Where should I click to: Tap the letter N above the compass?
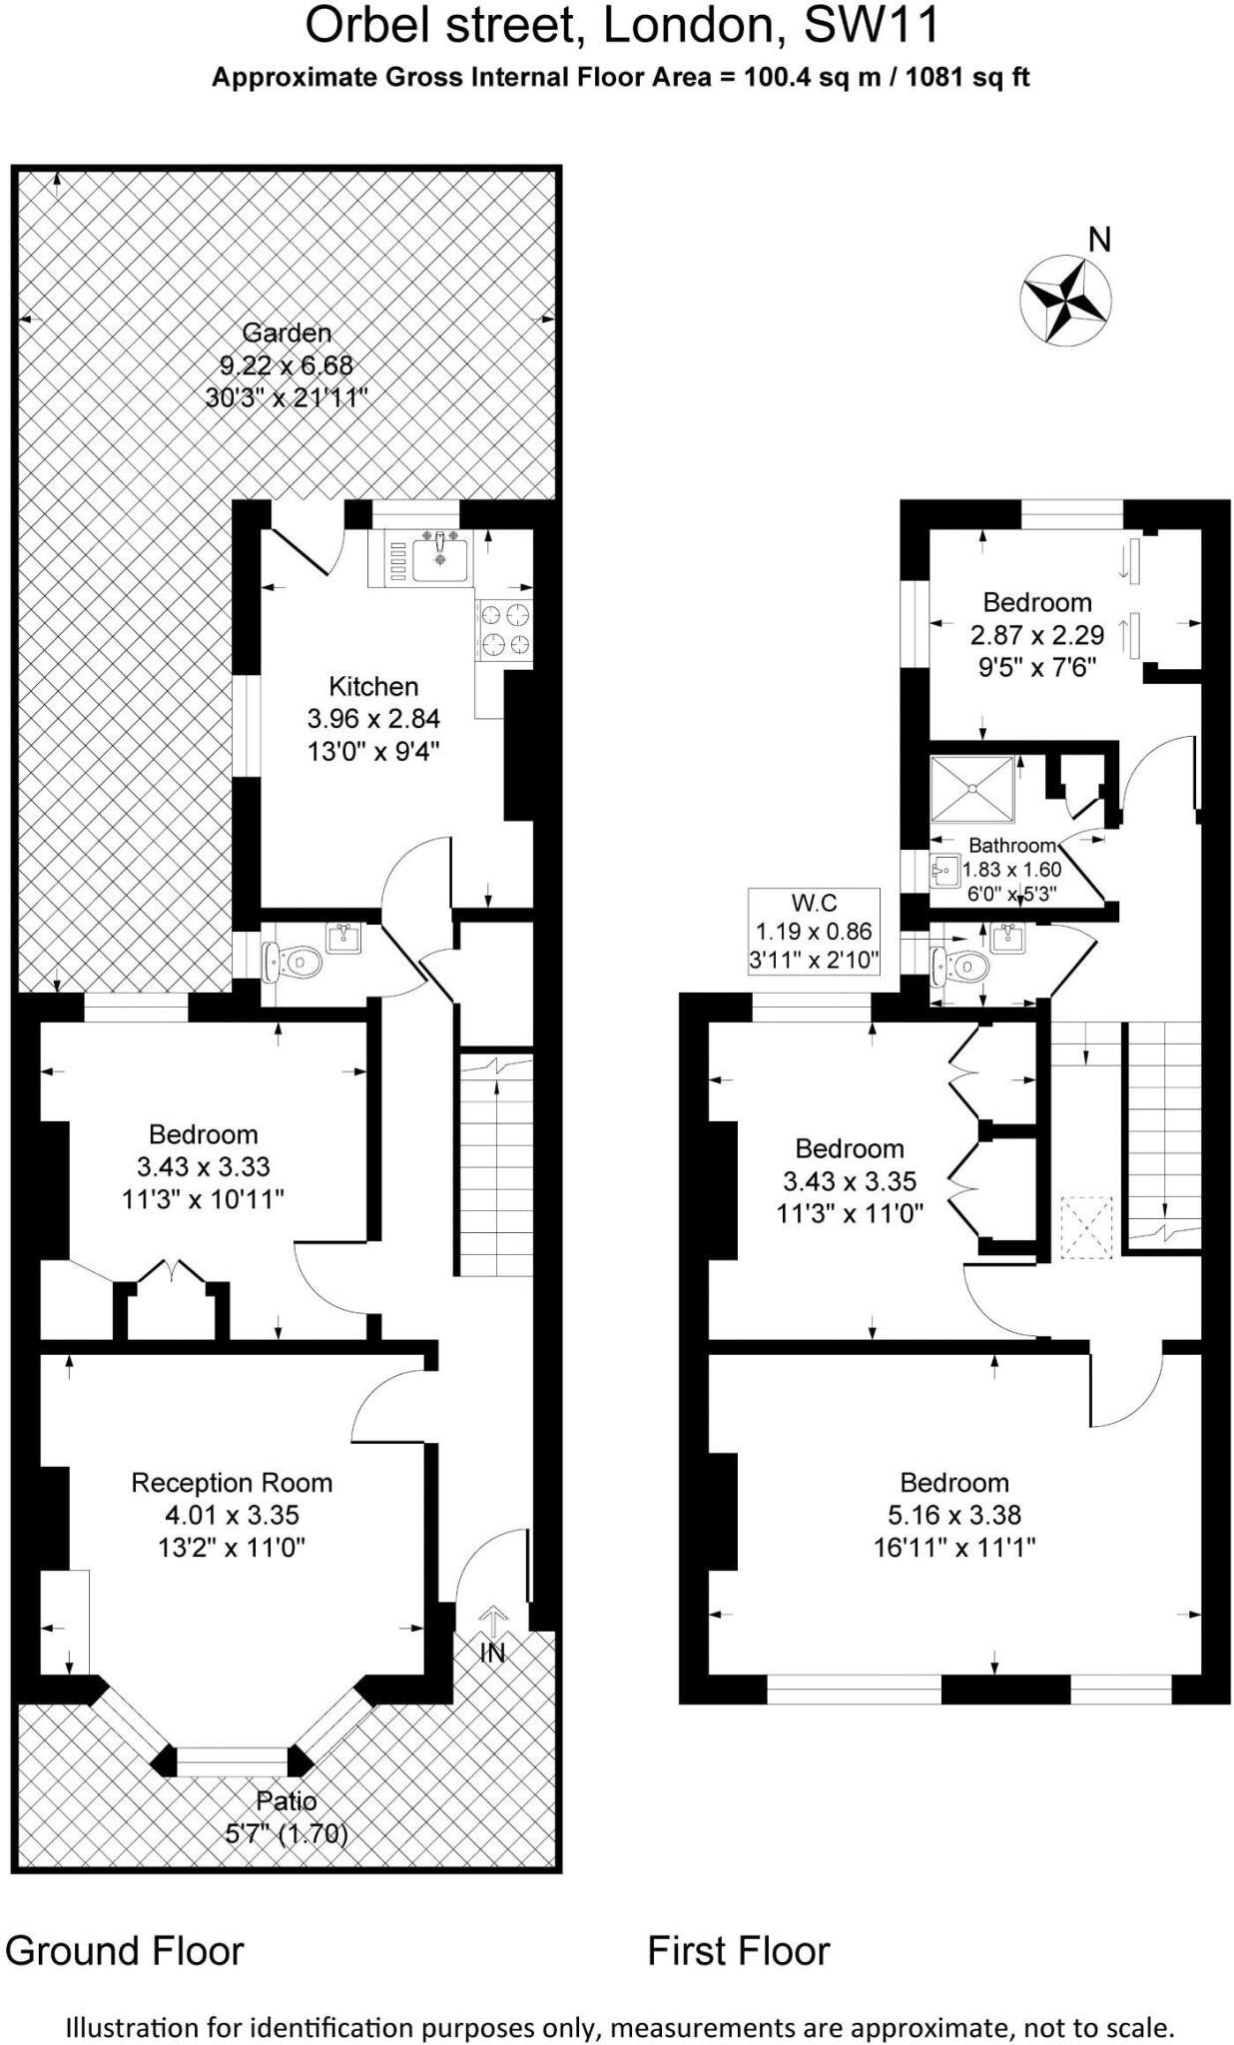click(1099, 240)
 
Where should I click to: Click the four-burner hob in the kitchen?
click(504, 630)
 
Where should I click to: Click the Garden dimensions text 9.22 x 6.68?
click(287, 365)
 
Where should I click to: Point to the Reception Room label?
click(232, 1483)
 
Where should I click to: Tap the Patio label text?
click(287, 1801)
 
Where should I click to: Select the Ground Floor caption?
click(125, 1951)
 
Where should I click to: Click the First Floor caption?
click(739, 1951)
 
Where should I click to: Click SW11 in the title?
click(871, 26)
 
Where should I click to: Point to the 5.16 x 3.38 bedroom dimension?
click(954, 1515)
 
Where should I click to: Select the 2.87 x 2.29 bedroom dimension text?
click(1037, 635)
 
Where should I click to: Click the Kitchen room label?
click(373, 686)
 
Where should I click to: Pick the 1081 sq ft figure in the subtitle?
click(965, 78)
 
